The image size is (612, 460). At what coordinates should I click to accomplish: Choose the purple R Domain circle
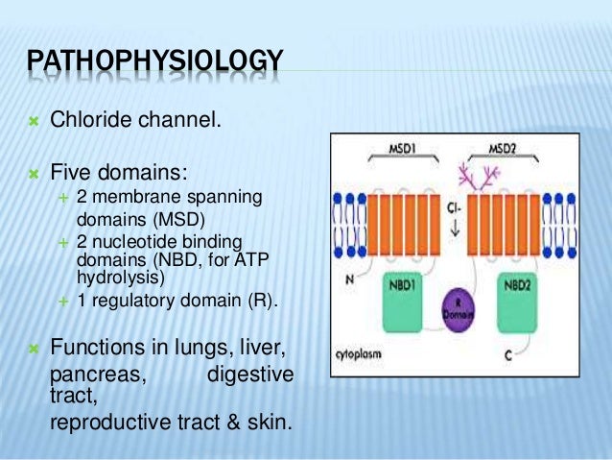point(459,315)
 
